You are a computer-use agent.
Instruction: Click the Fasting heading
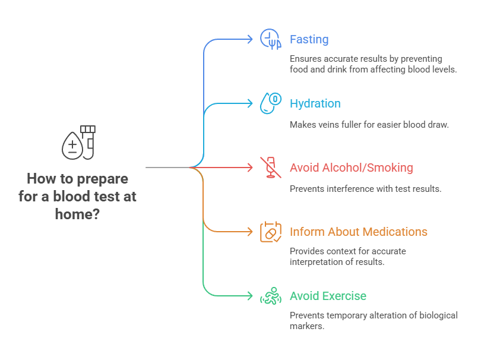(x=309, y=40)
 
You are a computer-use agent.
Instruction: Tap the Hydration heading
(x=315, y=104)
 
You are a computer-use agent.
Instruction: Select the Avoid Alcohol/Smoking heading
(x=351, y=168)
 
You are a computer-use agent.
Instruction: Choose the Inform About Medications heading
(x=358, y=232)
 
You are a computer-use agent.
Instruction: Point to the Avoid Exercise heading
(x=328, y=296)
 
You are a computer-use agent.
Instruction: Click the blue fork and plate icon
(x=270, y=39)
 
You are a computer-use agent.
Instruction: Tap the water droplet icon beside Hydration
(x=270, y=103)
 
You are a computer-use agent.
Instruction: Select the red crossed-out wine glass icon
(x=270, y=168)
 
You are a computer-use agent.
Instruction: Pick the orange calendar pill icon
(x=270, y=232)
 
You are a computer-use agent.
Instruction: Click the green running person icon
(x=270, y=296)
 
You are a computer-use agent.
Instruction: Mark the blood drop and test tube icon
(x=78, y=143)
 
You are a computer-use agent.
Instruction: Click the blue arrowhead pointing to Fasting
(x=250, y=39)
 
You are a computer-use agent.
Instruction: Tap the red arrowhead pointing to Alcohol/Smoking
(x=250, y=168)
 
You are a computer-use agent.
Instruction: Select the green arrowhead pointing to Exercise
(x=250, y=296)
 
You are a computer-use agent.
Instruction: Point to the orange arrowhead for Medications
(x=250, y=232)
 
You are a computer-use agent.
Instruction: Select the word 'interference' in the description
(x=352, y=189)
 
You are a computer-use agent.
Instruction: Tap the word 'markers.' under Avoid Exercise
(x=307, y=327)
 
